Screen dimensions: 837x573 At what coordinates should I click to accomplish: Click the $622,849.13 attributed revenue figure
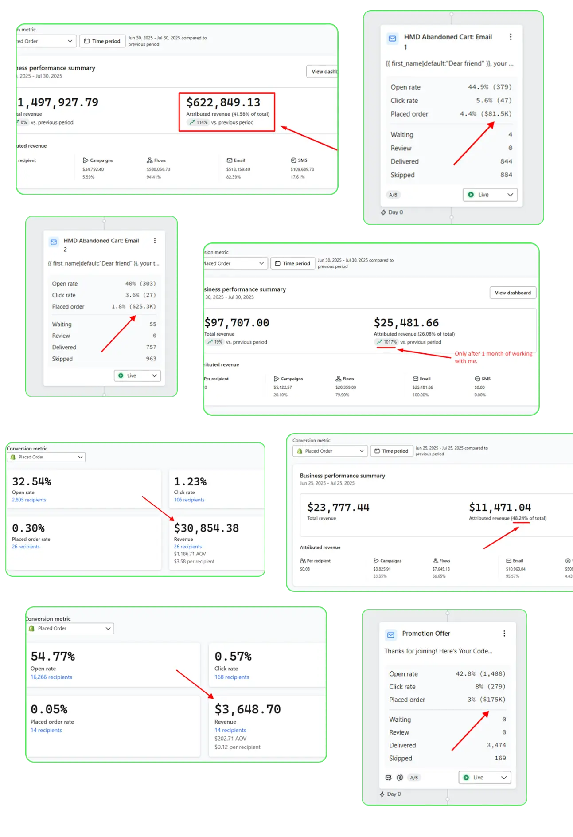click(223, 103)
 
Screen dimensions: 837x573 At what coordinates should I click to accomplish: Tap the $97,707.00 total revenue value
click(237, 323)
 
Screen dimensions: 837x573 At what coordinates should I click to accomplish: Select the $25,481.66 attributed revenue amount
click(406, 323)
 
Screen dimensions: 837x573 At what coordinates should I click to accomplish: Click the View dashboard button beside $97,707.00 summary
click(513, 293)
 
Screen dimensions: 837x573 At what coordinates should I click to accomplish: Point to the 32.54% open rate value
click(31, 482)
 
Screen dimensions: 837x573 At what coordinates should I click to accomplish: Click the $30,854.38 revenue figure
click(206, 528)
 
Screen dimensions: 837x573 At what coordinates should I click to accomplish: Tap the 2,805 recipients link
click(29, 500)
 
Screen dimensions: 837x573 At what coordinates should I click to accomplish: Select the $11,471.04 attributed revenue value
click(500, 508)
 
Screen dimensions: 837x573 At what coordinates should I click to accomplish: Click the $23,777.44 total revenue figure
click(338, 508)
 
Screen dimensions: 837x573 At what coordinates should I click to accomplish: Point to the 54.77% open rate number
click(53, 657)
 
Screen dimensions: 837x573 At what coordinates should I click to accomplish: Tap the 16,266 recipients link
click(51, 677)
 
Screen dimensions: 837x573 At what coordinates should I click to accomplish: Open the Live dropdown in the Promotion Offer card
click(485, 778)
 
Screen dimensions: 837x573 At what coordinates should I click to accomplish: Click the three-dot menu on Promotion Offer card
click(504, 634)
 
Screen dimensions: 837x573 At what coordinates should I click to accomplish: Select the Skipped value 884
click(506, 175)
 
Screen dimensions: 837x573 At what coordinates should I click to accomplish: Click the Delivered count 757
click(151, 347)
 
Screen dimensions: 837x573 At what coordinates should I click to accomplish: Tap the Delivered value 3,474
click(496, 745)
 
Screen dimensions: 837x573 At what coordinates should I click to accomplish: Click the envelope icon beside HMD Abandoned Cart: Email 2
click(54, 242)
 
